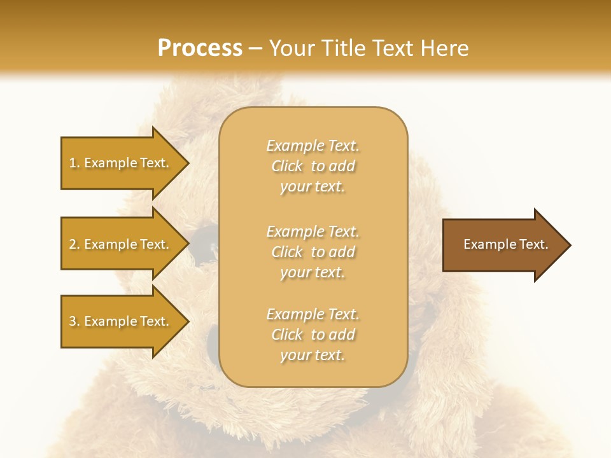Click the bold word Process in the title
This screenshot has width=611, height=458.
(x=200, y=48)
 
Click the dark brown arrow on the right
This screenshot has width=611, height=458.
(x=503, y=245)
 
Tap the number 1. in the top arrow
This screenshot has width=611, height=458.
(x=74, y=163)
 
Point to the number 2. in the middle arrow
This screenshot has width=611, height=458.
(x=74, y=244)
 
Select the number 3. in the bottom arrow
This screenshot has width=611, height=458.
(x=74, y=321)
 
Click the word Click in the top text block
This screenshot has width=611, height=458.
(x=287, y=166)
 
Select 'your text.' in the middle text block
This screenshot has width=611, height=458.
(x=313, y=272)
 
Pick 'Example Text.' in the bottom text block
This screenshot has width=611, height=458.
(x=313, y=314)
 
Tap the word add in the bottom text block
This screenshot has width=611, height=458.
(x=342, y=335)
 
